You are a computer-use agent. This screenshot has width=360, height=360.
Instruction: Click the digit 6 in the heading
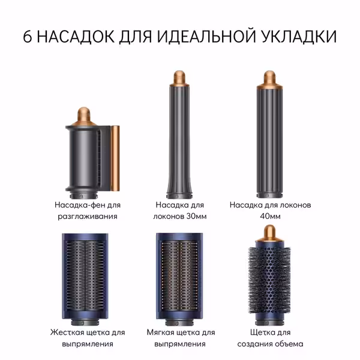28,37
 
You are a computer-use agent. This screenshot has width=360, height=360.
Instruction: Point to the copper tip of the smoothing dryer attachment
83,116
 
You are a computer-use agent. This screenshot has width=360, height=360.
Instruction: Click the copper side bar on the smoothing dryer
115,158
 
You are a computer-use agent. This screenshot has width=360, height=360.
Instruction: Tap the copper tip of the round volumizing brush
269,233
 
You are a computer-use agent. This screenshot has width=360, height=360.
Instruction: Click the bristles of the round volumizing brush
269,280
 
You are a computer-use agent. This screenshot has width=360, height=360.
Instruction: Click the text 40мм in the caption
270,216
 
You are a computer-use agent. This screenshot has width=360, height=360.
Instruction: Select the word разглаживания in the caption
88,217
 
